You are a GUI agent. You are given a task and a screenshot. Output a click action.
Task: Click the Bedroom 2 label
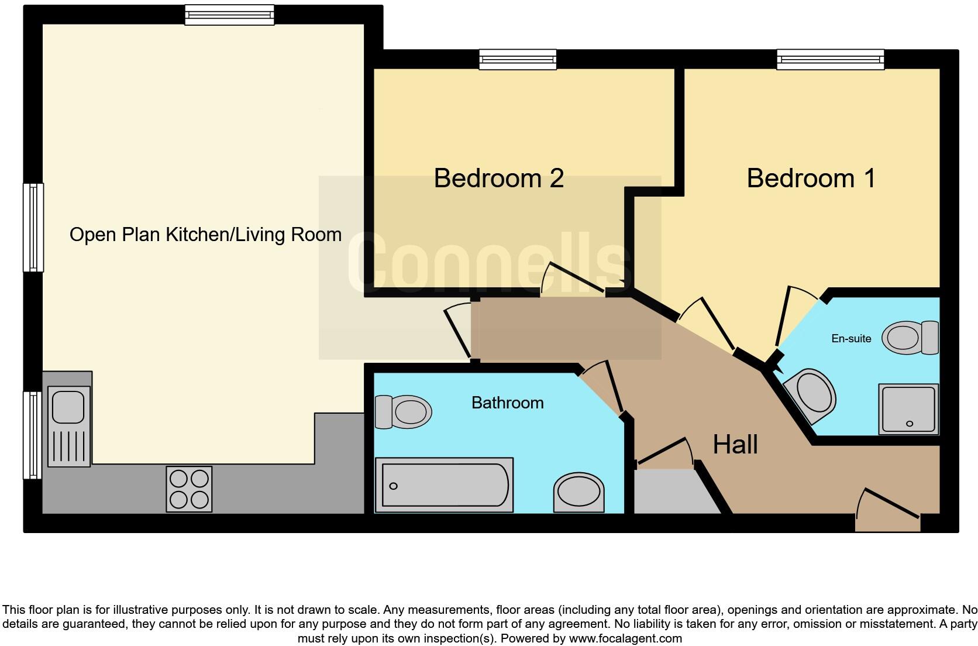click(498, 178)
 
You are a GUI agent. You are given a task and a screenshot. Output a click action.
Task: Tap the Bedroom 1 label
click(811, 178)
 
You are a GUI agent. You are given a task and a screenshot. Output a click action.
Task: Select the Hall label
click(735, 445)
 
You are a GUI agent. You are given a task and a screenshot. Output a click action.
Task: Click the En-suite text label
click(851, 338)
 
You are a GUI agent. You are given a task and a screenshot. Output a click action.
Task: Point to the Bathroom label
click(507, 403)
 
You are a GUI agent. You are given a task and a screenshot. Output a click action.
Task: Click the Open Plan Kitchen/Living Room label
click(205, 235)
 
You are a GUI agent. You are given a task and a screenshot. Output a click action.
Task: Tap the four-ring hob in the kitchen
click(189, 489)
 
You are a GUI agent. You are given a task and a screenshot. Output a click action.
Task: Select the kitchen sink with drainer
click(69, 426)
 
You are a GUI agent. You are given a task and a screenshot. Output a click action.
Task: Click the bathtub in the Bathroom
click(445, 485)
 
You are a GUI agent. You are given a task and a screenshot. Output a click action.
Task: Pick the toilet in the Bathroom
click(404, 411)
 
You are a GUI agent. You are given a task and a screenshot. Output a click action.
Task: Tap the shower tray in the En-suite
click(908, 409)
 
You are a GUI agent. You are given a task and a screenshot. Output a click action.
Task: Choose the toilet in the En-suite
click(910, 338)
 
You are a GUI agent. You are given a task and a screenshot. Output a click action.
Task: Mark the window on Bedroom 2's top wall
click(517, 59)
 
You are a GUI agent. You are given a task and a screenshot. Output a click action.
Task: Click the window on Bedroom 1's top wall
click(830, 59)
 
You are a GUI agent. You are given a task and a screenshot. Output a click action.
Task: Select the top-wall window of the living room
click(229, 15)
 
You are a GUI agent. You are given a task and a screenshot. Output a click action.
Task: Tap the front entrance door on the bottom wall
click(888, 515)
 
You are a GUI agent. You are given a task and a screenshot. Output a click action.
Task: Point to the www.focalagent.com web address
click(625, 638)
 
